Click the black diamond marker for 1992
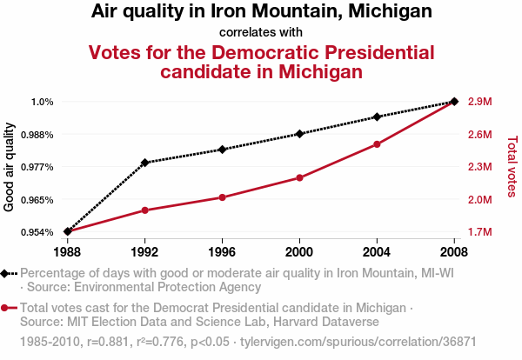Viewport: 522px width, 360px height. [x=145, y=163]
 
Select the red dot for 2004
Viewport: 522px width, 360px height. [x=377, y=144]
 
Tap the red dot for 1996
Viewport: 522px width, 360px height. [x=223, y=197]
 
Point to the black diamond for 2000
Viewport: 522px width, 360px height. [x=299, y=134]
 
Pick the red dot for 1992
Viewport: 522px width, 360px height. [x=145, y=210]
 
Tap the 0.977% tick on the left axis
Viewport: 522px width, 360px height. [x=38, y=167]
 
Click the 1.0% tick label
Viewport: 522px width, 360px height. [x=43, y=102]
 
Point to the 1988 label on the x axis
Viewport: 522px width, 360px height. [x=68, y=252]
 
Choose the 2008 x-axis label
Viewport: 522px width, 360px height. [x=454, y=252]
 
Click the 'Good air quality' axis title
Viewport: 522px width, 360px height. [x=10, y=168]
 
